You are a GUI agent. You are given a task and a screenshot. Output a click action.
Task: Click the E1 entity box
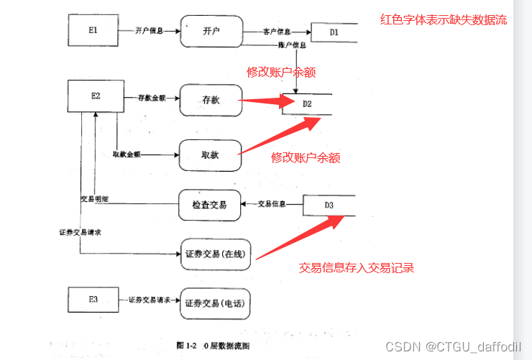point(93,31)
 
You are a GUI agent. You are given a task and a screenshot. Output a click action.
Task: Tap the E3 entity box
point(93,300)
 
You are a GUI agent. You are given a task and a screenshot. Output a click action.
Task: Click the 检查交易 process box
point(209,206)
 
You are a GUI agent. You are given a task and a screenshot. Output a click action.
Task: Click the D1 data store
point(334,32)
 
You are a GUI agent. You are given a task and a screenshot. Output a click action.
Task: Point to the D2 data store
point(308,105)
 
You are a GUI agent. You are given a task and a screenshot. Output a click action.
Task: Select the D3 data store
point(329,206)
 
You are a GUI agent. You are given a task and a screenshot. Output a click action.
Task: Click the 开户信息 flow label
point(149,31)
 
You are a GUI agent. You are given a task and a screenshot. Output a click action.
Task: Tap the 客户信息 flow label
point(278,32)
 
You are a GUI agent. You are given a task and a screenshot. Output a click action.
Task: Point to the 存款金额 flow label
point(152,98)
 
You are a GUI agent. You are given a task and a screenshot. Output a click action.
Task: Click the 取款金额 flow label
point(127,154)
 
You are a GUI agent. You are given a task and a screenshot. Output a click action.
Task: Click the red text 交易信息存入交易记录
point(356,268)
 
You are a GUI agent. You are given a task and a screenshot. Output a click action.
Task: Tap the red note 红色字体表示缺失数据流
point(443,19)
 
